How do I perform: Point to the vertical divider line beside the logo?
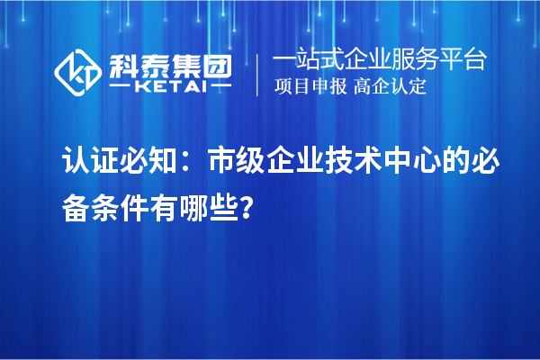(x=257, y=75)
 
